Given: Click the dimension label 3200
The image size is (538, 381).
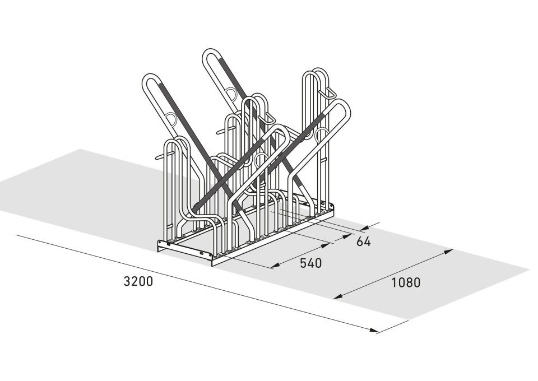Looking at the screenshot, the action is point(138,282).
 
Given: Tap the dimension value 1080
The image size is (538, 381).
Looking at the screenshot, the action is point(406,282).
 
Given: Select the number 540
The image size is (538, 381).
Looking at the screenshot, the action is point(311,263).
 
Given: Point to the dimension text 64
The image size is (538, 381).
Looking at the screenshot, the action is point(363,242).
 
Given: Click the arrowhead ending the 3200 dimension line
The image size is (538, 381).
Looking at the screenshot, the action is point(374,330).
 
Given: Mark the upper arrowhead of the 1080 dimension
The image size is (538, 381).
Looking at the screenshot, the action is point(448,252).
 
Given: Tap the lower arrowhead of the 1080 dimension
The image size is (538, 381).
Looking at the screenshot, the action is point(338,296).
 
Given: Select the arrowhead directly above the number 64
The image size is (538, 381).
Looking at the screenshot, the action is point(364,227).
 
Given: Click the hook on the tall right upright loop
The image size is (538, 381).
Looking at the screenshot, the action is point(328,93).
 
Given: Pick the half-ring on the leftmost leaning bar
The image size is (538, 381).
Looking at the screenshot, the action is point(171,118).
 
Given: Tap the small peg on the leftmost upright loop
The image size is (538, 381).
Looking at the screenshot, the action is point(161,157).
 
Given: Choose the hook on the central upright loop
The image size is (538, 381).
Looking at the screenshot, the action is point(268,119).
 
